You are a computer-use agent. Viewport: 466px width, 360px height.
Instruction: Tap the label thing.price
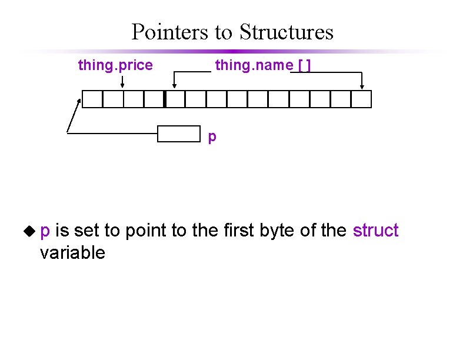coord(115,65)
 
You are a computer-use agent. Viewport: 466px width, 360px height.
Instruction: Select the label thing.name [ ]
coord(262,65)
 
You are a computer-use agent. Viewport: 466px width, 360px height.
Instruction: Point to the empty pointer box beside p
coord(179,134)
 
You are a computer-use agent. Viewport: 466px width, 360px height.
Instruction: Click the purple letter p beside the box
coord(212,137)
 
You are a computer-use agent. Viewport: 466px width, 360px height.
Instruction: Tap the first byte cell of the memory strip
coord(92,99)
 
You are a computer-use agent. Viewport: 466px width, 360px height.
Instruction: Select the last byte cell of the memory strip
coord(361,99)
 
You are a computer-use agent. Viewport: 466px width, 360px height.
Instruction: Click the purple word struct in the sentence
coord(375,231)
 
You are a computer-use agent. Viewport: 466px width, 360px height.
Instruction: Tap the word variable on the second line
coord(72,253)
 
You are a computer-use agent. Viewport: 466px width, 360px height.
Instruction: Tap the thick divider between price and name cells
coord(165,99)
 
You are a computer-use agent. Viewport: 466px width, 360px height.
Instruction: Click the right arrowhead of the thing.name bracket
coord(362,86)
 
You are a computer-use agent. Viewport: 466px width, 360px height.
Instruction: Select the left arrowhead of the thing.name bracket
coord(174,86)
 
